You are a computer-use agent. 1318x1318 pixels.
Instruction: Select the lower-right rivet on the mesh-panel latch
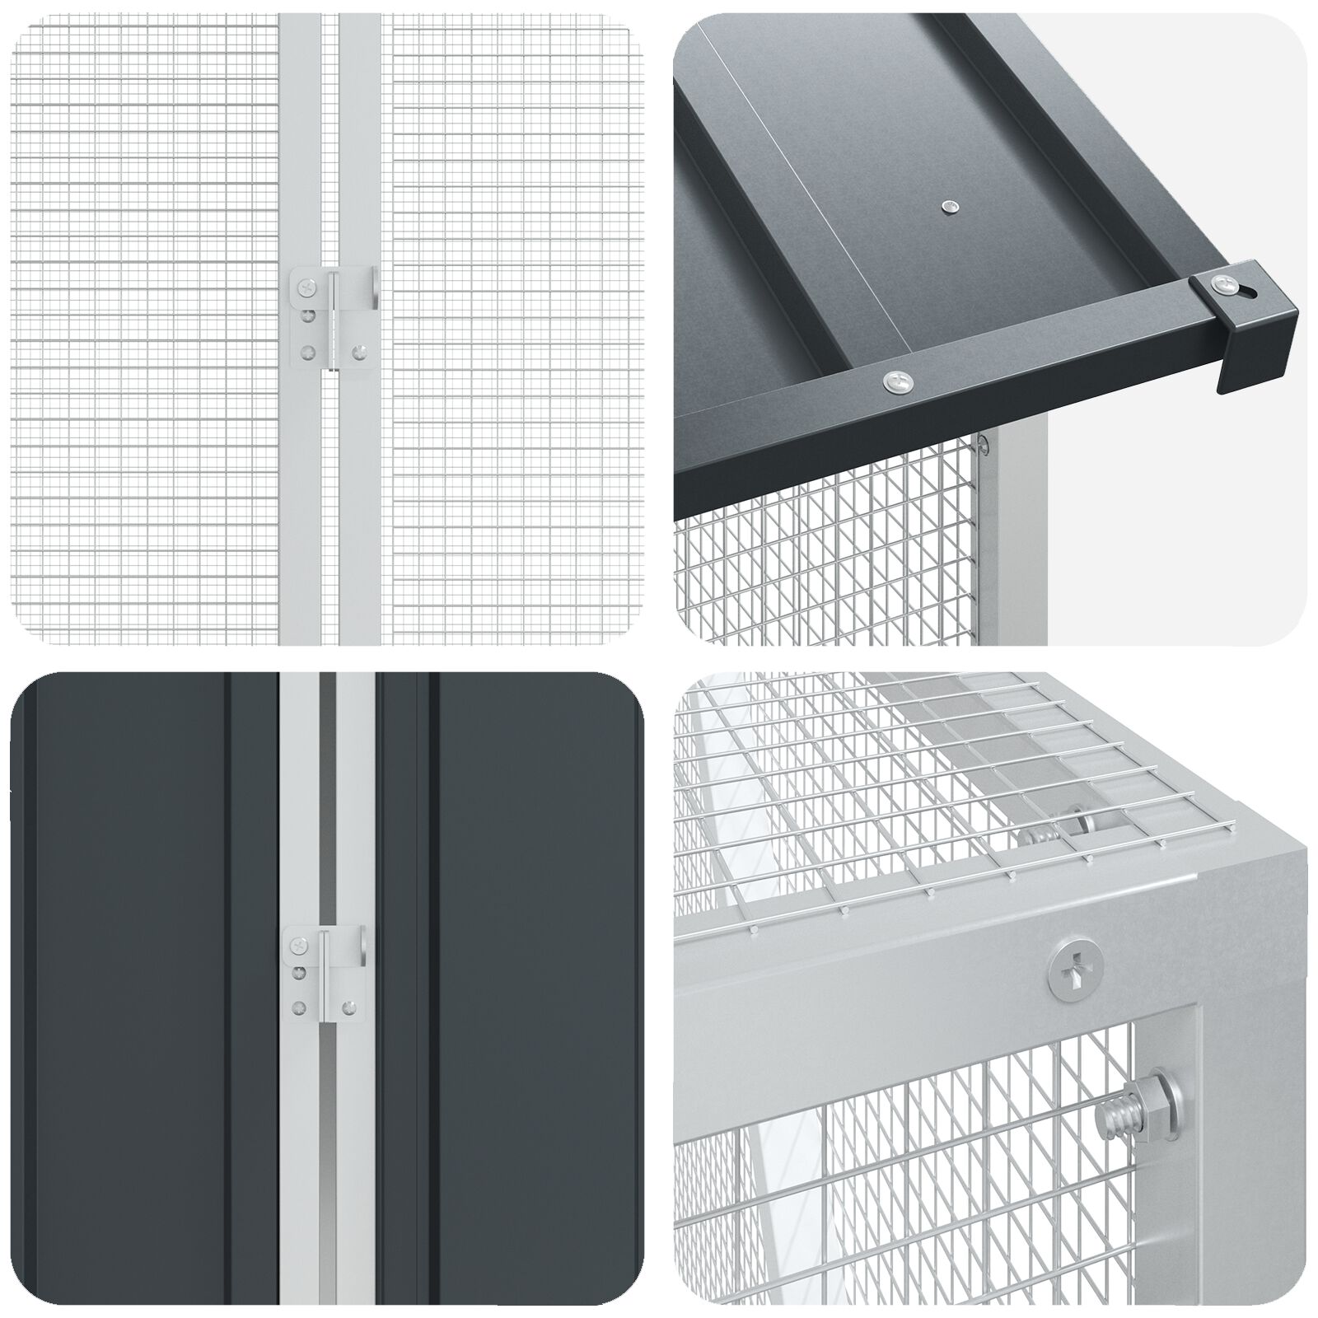tap(358, 352)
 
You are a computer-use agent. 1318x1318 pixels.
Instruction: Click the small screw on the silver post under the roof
tap(984, 445)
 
